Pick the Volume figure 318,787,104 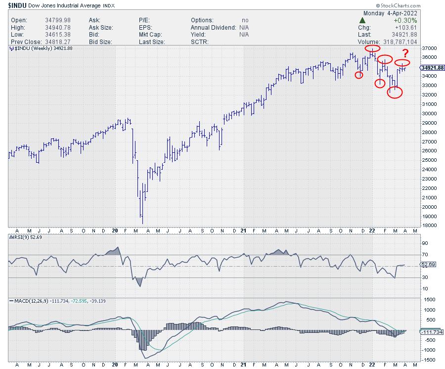point(399,42)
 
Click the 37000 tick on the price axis point(431,48)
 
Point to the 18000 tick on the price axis point(431,225)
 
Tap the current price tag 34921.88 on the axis point(433,68)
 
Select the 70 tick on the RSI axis point(425,254)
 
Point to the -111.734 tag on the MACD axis point(432,332)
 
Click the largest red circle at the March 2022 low point(395,92)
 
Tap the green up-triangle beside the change point(362,20)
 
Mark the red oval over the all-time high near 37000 point(372,48)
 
